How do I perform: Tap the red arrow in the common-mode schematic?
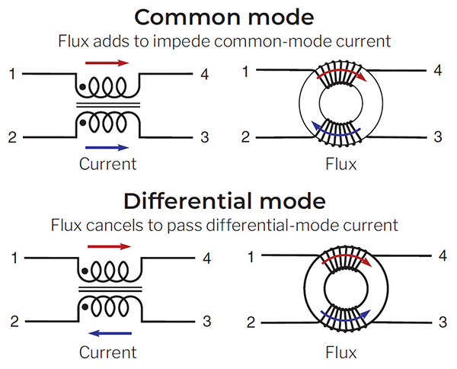click(x=107, y=63)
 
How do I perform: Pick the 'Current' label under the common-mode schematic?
click(x=107, y=164)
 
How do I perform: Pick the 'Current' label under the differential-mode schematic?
click(x=107, y=351)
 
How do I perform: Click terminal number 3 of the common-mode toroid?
click(x=437, y=137)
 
